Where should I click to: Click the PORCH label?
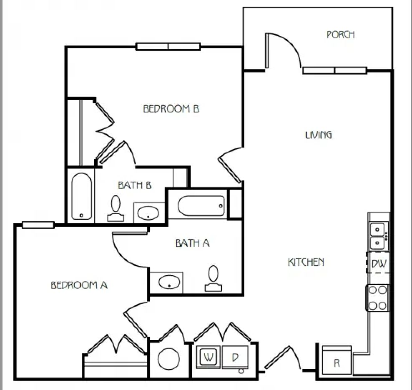341,35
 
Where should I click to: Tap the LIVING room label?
319,135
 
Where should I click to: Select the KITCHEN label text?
306,262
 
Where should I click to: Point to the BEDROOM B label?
171,109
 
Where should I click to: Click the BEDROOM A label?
79,285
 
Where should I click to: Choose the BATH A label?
192,243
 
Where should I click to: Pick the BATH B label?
135,185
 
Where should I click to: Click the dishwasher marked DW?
378,262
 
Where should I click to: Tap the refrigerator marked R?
337,360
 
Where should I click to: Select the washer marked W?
209,357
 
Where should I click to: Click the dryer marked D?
235,357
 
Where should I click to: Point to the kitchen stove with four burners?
377,298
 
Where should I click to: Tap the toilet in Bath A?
214,278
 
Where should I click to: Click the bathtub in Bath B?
81,196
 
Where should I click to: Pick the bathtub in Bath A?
201,206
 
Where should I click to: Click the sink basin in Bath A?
169,282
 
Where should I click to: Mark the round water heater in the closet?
169,359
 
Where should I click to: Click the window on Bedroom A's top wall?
38,225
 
